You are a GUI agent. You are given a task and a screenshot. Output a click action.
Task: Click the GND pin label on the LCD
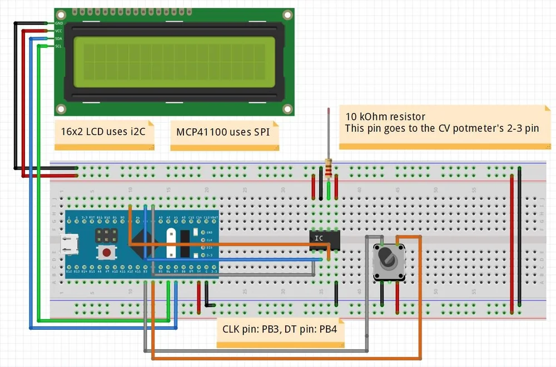pos(59,23)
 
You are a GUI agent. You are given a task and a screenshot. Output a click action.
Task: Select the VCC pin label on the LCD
pos(59,31)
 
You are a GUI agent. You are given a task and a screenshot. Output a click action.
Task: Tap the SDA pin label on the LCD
pos(59,38)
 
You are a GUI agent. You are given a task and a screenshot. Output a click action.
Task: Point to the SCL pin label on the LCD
pos(59,46)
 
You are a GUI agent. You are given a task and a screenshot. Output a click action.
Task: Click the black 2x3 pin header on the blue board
pos(106,235)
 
